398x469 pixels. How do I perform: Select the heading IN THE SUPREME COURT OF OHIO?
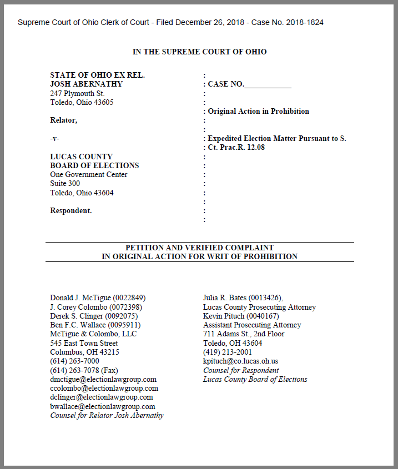click(x=199, y=52)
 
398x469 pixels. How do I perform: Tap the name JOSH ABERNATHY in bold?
click(x=87, y=84)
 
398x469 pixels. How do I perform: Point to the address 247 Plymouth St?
click(x=77, y=93)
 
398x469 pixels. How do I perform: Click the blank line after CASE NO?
click(x=268, y=84)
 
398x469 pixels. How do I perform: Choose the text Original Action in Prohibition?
click(x=258, y=111)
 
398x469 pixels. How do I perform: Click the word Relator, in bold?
click(x=64, y=120)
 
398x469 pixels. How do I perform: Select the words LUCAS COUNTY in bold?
click(x=81, y=157)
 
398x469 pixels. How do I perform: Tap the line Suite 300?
click(x=65, y=183)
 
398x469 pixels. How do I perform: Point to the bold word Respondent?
click(x=71, y=210)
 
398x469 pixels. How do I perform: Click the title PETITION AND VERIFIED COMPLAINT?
click(x=199, y=248)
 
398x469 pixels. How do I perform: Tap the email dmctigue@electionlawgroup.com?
click(x=103, y=379)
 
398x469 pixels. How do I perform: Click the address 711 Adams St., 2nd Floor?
click(x=244, y=334)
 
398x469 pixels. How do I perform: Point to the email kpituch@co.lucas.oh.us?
click(x=241, y=361)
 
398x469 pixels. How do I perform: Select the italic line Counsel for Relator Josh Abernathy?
click(x=107, y=415)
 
